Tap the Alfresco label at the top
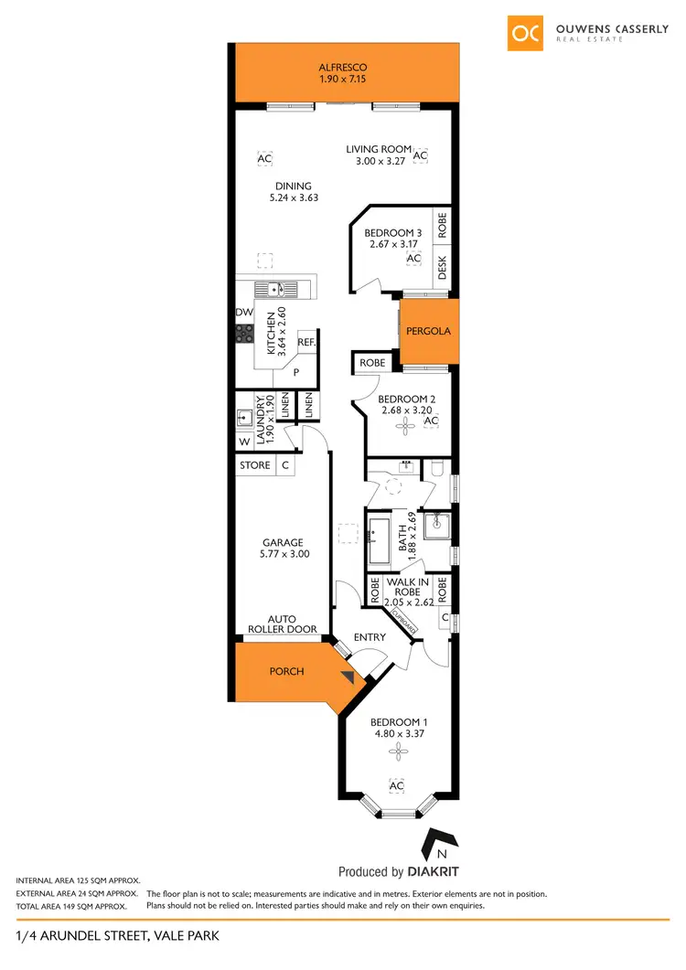click(x=343, y=68)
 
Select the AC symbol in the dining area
click(x=265, y=159)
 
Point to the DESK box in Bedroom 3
click(x=443, y=267)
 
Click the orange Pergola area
click(x=427, y=330)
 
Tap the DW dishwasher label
click(x=243, y=313)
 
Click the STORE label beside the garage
click(x=254, y=465)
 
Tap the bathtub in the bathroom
click(x=380, y=541)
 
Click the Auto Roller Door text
click(x=282, y=624)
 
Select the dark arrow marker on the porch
click(x=347, y=677)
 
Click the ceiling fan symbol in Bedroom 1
click(x=396, y=751)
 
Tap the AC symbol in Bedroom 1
click(x=397, y=786)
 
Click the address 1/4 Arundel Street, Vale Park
click(x=118, y=935)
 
